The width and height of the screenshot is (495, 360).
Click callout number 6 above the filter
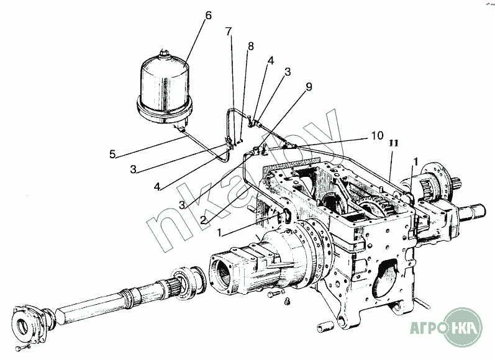point(208,16)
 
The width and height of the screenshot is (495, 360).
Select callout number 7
point(229,31)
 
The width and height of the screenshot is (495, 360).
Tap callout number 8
point(251,47)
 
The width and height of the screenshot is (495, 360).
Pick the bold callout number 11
point(394,143)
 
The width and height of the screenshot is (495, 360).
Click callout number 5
point(112,155)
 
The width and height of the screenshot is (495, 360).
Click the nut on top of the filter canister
point(164,53)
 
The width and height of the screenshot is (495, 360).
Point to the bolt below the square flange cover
point(22,348)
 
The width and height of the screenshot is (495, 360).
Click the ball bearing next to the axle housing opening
point(188,281)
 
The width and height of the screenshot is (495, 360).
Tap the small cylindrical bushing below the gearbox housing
point(325,326)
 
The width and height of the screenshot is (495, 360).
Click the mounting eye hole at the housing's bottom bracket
point(342,321)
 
